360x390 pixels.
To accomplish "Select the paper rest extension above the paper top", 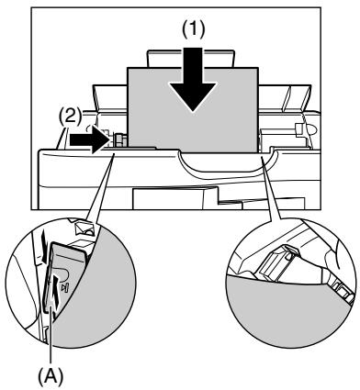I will (x=193, y=59).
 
